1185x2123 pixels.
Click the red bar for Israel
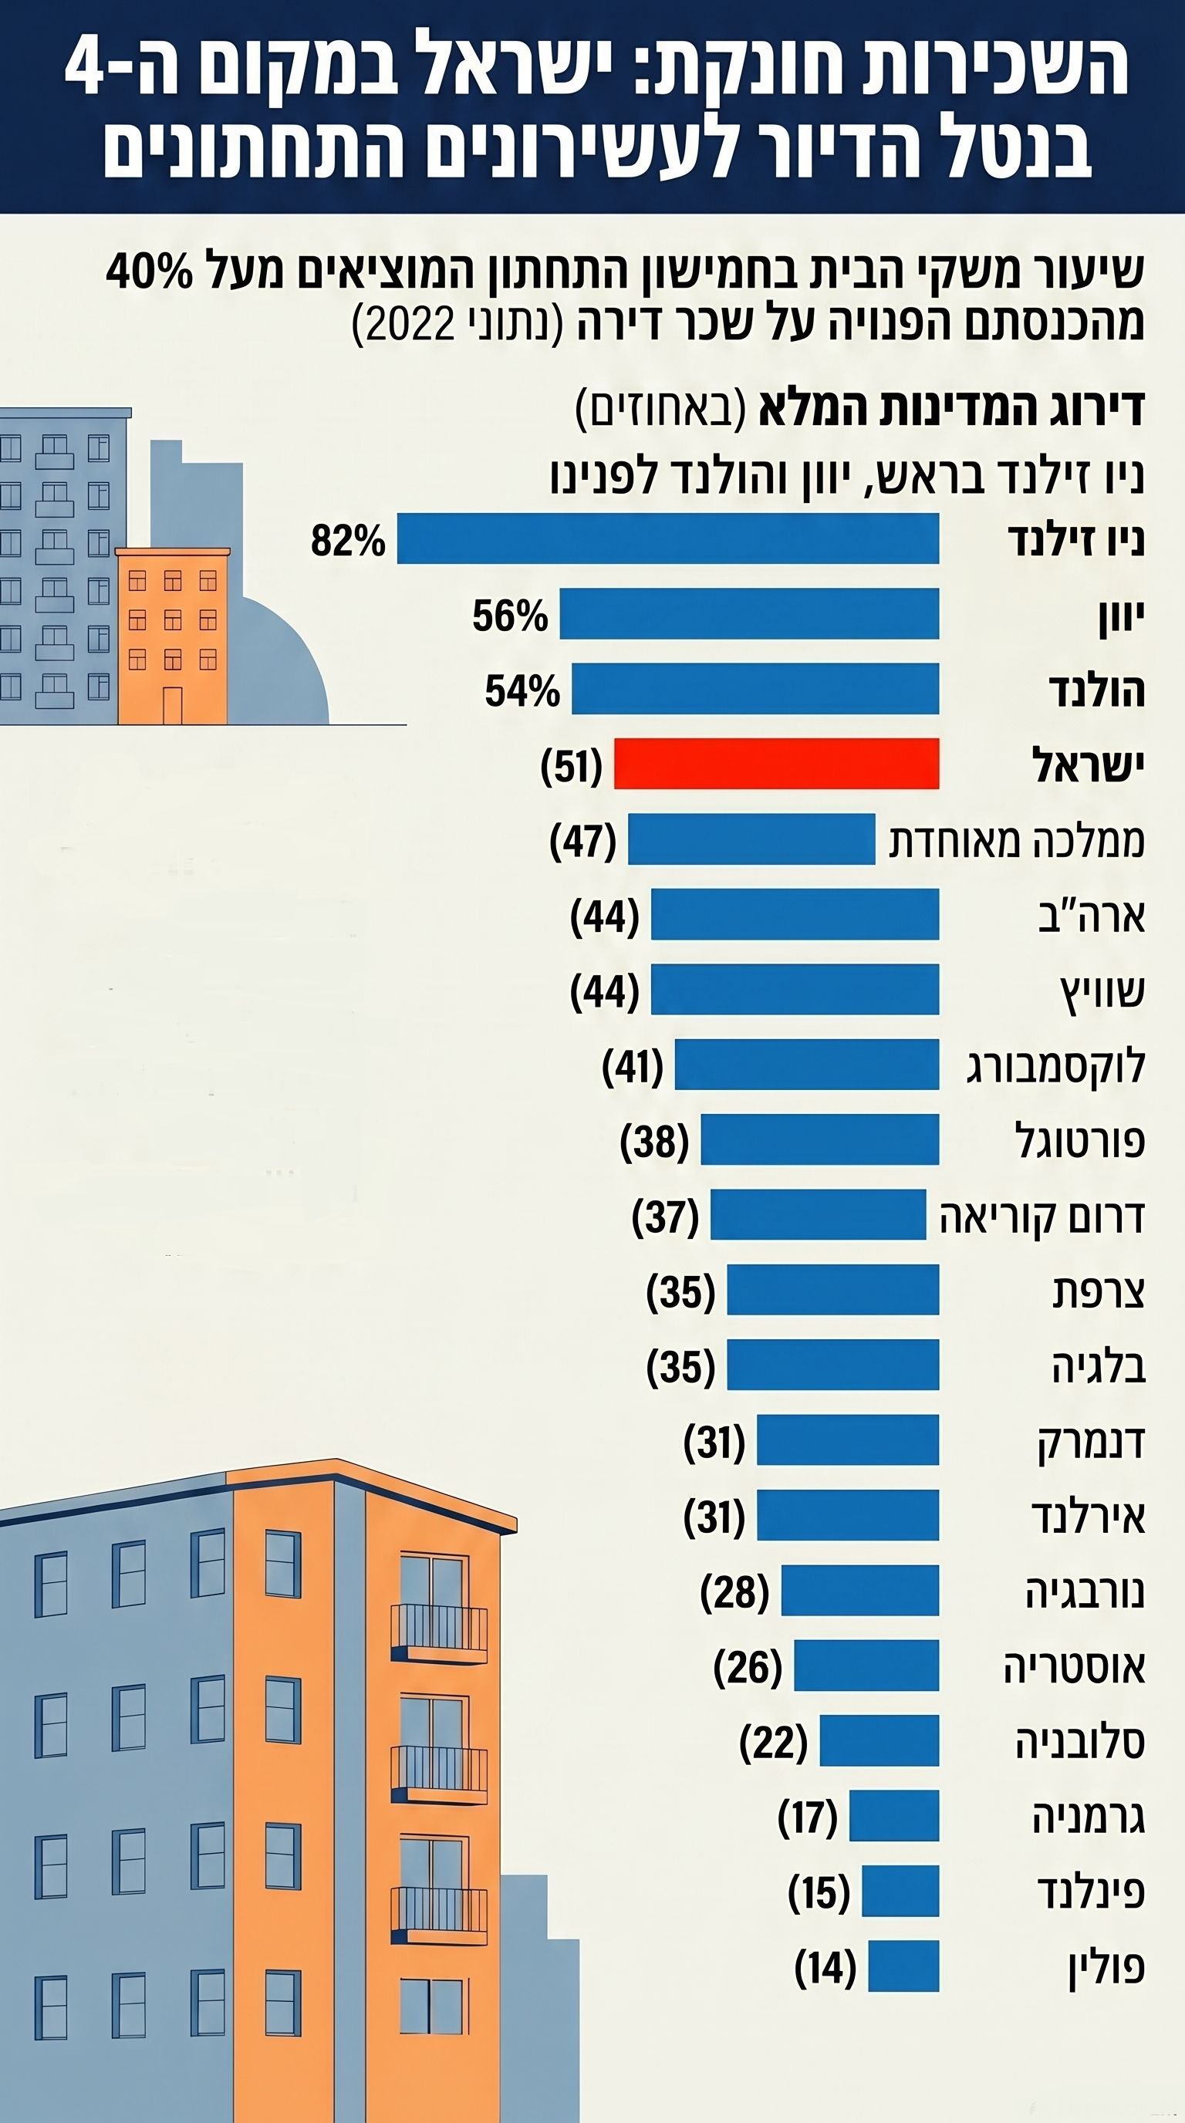[x=776, y=763]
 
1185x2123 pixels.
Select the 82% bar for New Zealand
[x=667, y=538]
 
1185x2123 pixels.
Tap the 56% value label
[x=509, y=616]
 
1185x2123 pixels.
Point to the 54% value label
[x=522, y=690]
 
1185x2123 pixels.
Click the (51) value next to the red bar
[x=571, y=765]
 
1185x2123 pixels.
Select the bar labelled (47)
[x=751, y=839]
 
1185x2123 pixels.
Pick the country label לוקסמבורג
[x=1055, y=1065]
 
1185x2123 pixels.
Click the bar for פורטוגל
[x=819, y=1139]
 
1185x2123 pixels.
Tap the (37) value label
[x=665, y=1217]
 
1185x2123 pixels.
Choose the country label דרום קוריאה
[x=1042, y=1217]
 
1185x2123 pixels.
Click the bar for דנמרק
[x=847, y=1440]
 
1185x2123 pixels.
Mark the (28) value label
[x=734, y=1591]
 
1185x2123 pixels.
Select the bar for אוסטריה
[x=866, y=1666]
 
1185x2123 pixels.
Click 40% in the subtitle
[x=149, y=270]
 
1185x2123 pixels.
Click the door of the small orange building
[x=171, y=704]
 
